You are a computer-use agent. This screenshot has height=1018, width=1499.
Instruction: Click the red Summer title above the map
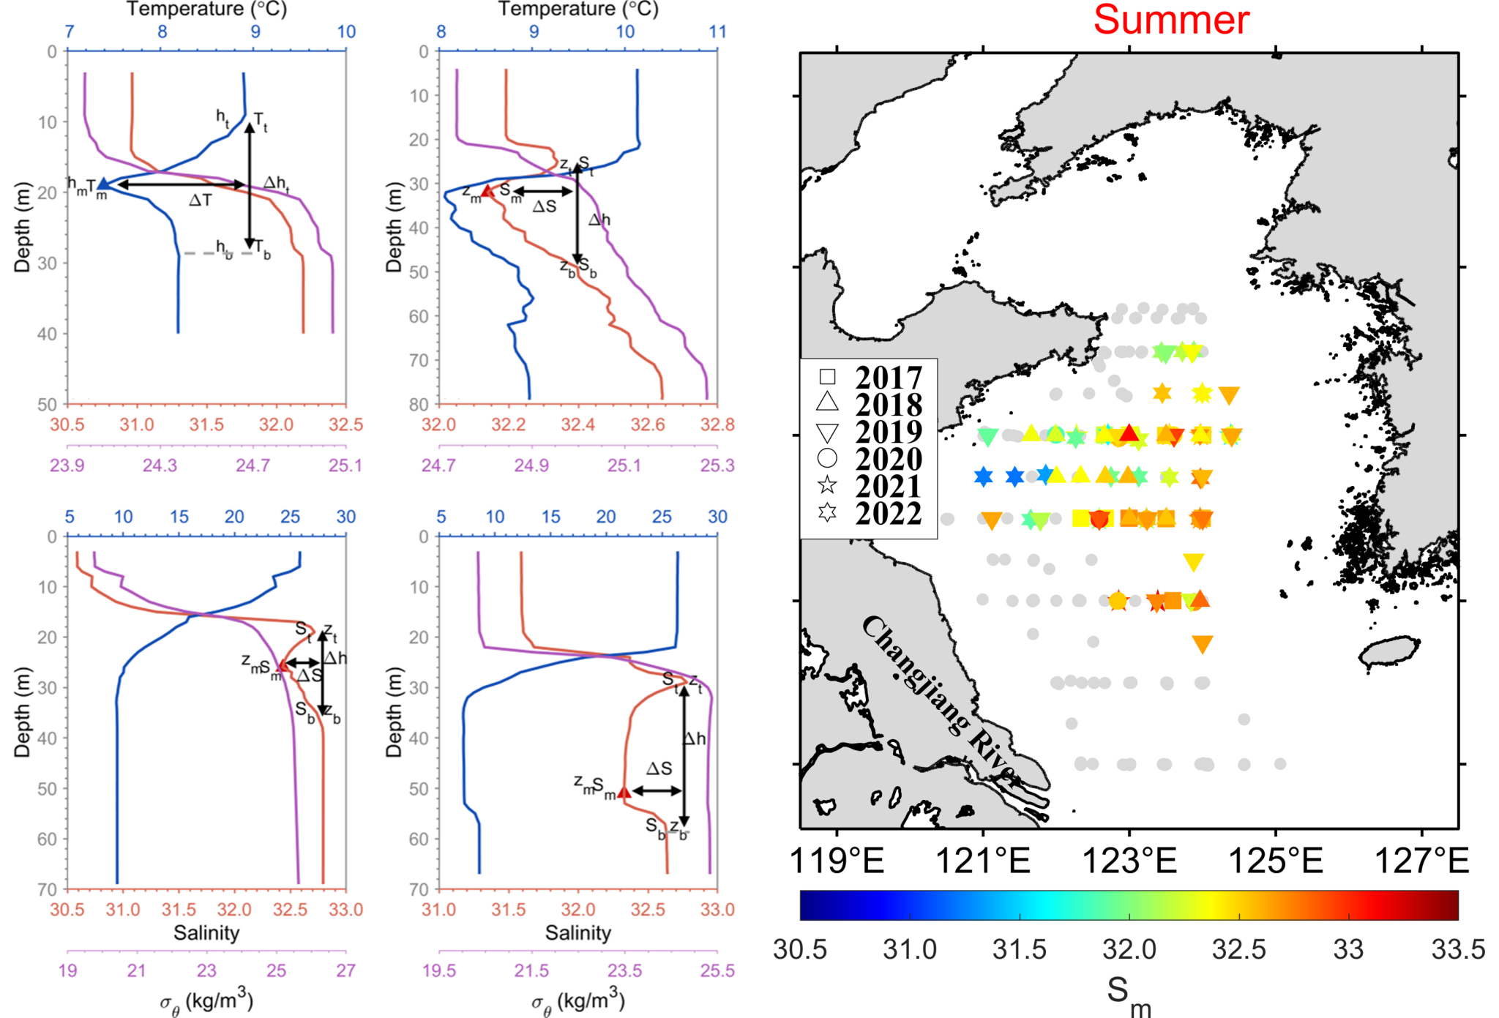pos(1171,20)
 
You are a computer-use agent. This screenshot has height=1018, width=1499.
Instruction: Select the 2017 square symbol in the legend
pos(827,376)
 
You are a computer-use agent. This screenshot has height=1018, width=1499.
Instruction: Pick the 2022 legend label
pos(889,514)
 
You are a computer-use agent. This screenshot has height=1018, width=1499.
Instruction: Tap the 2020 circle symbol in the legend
pos(827,458)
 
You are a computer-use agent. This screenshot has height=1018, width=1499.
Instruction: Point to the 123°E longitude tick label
pos(1129,861)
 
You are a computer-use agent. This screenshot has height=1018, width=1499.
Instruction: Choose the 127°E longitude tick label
pos(1421,861)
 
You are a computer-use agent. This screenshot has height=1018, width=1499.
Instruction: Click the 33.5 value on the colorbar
pos(1458,950)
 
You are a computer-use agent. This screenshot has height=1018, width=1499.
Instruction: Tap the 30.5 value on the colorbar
pos(800,950)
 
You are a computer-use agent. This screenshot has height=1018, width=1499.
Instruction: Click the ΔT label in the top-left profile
pos(200,200)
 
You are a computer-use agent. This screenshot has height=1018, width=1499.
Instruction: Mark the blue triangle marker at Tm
pos(104,184)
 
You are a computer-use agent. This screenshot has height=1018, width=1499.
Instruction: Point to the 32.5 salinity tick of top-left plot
pos(345,425)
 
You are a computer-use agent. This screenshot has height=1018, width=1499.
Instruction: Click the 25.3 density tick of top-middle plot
pos(717,465)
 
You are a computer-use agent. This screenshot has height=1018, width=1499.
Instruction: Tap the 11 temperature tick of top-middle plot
pos(717,32)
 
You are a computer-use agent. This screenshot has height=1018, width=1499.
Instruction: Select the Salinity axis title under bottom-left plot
pos(206,933)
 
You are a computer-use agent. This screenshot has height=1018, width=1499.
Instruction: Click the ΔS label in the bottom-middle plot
pos(659,768)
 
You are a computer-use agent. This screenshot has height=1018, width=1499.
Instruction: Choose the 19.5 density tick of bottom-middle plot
pos(439,971)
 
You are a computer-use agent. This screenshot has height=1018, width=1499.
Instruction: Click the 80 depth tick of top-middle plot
pos(419,404)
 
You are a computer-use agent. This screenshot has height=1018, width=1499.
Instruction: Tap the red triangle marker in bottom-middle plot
pos(624,792)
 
